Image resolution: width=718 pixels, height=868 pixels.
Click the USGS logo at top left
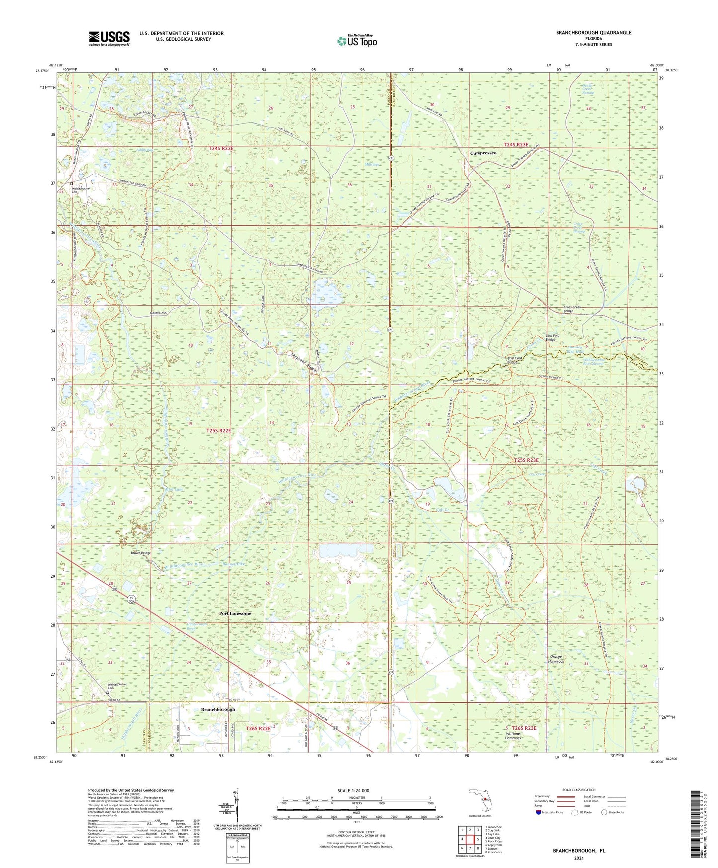[x=109, y=38]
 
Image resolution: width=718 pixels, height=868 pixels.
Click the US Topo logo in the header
[x=357, y=41]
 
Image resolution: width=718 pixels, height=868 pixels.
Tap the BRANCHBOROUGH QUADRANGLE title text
[x=594, y=33]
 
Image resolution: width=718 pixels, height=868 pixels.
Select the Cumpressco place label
[x=483, y=153]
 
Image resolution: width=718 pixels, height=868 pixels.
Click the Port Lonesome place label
[x=235, y=613]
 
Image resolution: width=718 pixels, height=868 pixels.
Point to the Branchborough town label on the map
[x=218, y=709]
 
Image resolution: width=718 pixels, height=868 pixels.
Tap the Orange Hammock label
[x=556, y=659]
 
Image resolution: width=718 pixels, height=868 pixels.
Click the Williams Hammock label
[x=513, y=736]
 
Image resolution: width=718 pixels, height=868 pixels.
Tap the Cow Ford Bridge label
[x=552, y=337]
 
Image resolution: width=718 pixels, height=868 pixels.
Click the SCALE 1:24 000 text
[x=353, y=790]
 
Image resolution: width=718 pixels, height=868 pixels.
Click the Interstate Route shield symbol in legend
[x=538, y=812]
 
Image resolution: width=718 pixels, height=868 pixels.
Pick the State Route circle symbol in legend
[x=604, y=812]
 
